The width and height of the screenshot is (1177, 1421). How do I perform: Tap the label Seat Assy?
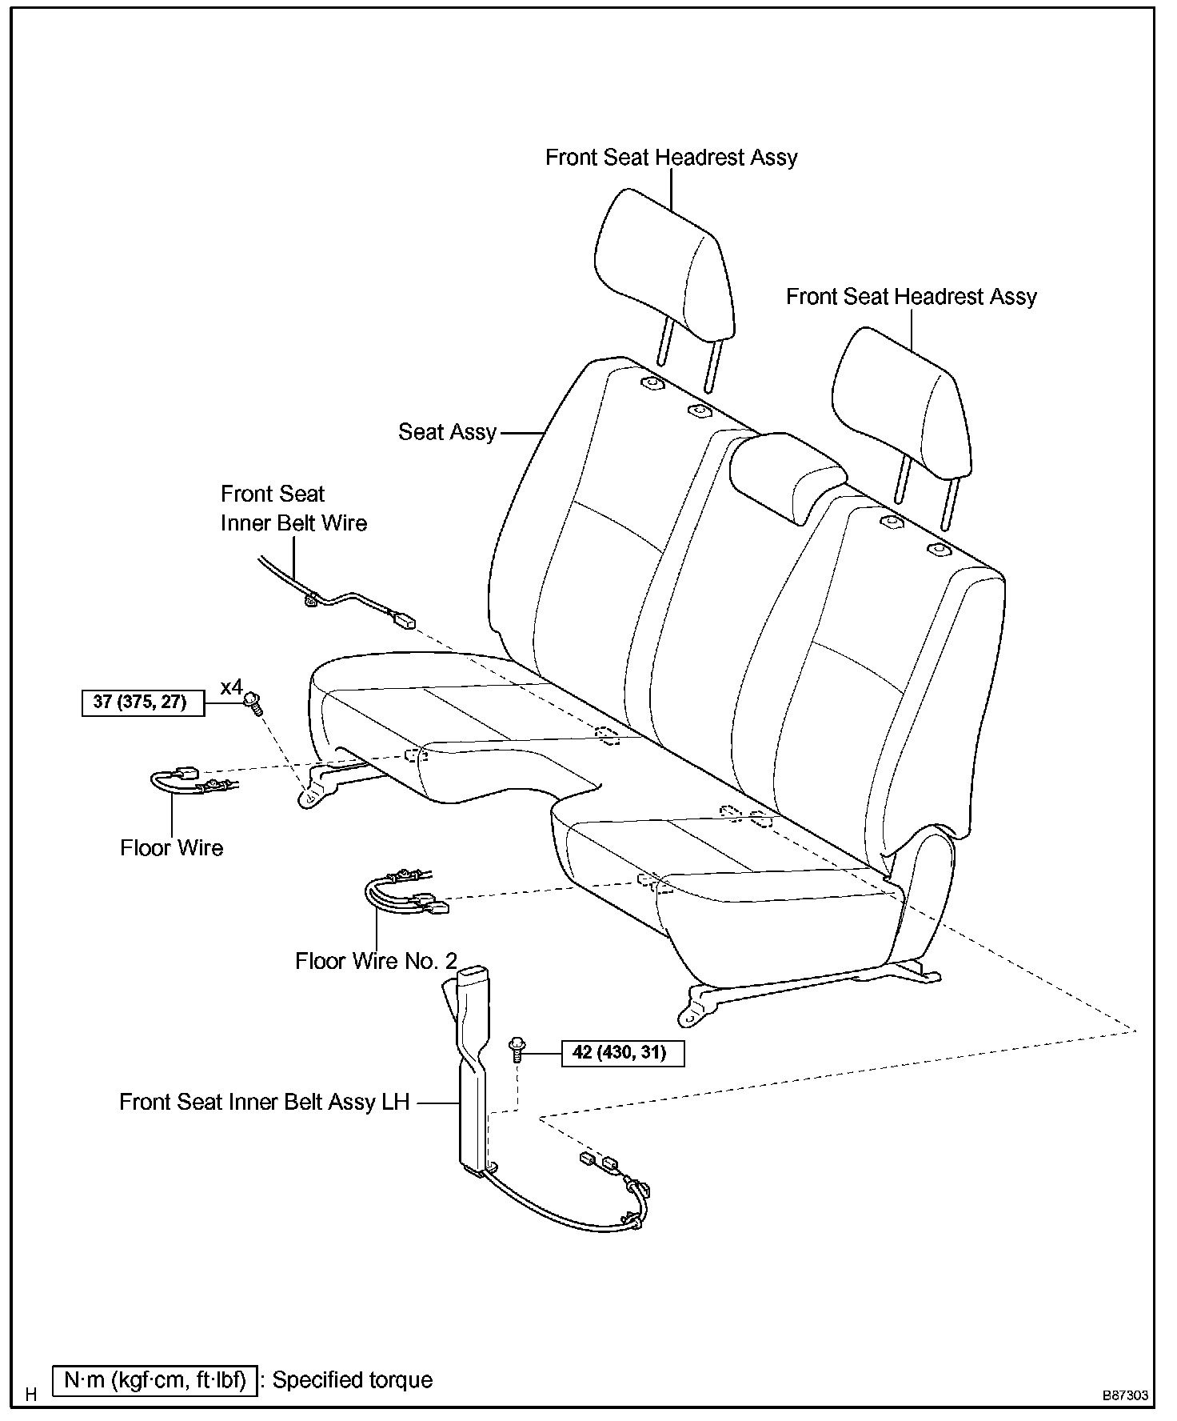(447, 432)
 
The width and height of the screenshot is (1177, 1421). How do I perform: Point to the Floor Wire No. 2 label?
(376, 960)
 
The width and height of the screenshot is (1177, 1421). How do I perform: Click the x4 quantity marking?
(231, 686)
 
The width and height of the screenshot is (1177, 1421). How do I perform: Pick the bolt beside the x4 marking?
(254, 705)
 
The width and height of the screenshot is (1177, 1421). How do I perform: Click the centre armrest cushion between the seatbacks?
(788, 472)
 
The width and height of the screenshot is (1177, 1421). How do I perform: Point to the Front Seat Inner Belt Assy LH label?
(264, 1102)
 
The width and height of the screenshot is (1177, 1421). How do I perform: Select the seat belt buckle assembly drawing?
(472, 1072)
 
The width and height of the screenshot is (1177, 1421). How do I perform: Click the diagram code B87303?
(1126, 1395)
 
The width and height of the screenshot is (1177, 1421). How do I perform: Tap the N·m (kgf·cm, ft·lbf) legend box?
(155, 1380)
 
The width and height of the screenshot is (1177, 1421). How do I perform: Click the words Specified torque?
(353, 1380)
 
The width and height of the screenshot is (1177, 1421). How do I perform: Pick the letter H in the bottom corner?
(31, 1395)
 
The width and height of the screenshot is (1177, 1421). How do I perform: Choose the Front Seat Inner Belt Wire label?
(293, 508)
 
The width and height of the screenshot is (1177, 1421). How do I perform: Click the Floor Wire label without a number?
(171, 847)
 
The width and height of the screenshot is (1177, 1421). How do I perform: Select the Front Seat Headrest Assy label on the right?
(911, 297)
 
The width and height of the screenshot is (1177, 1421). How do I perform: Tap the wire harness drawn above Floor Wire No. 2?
(404, 892)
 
